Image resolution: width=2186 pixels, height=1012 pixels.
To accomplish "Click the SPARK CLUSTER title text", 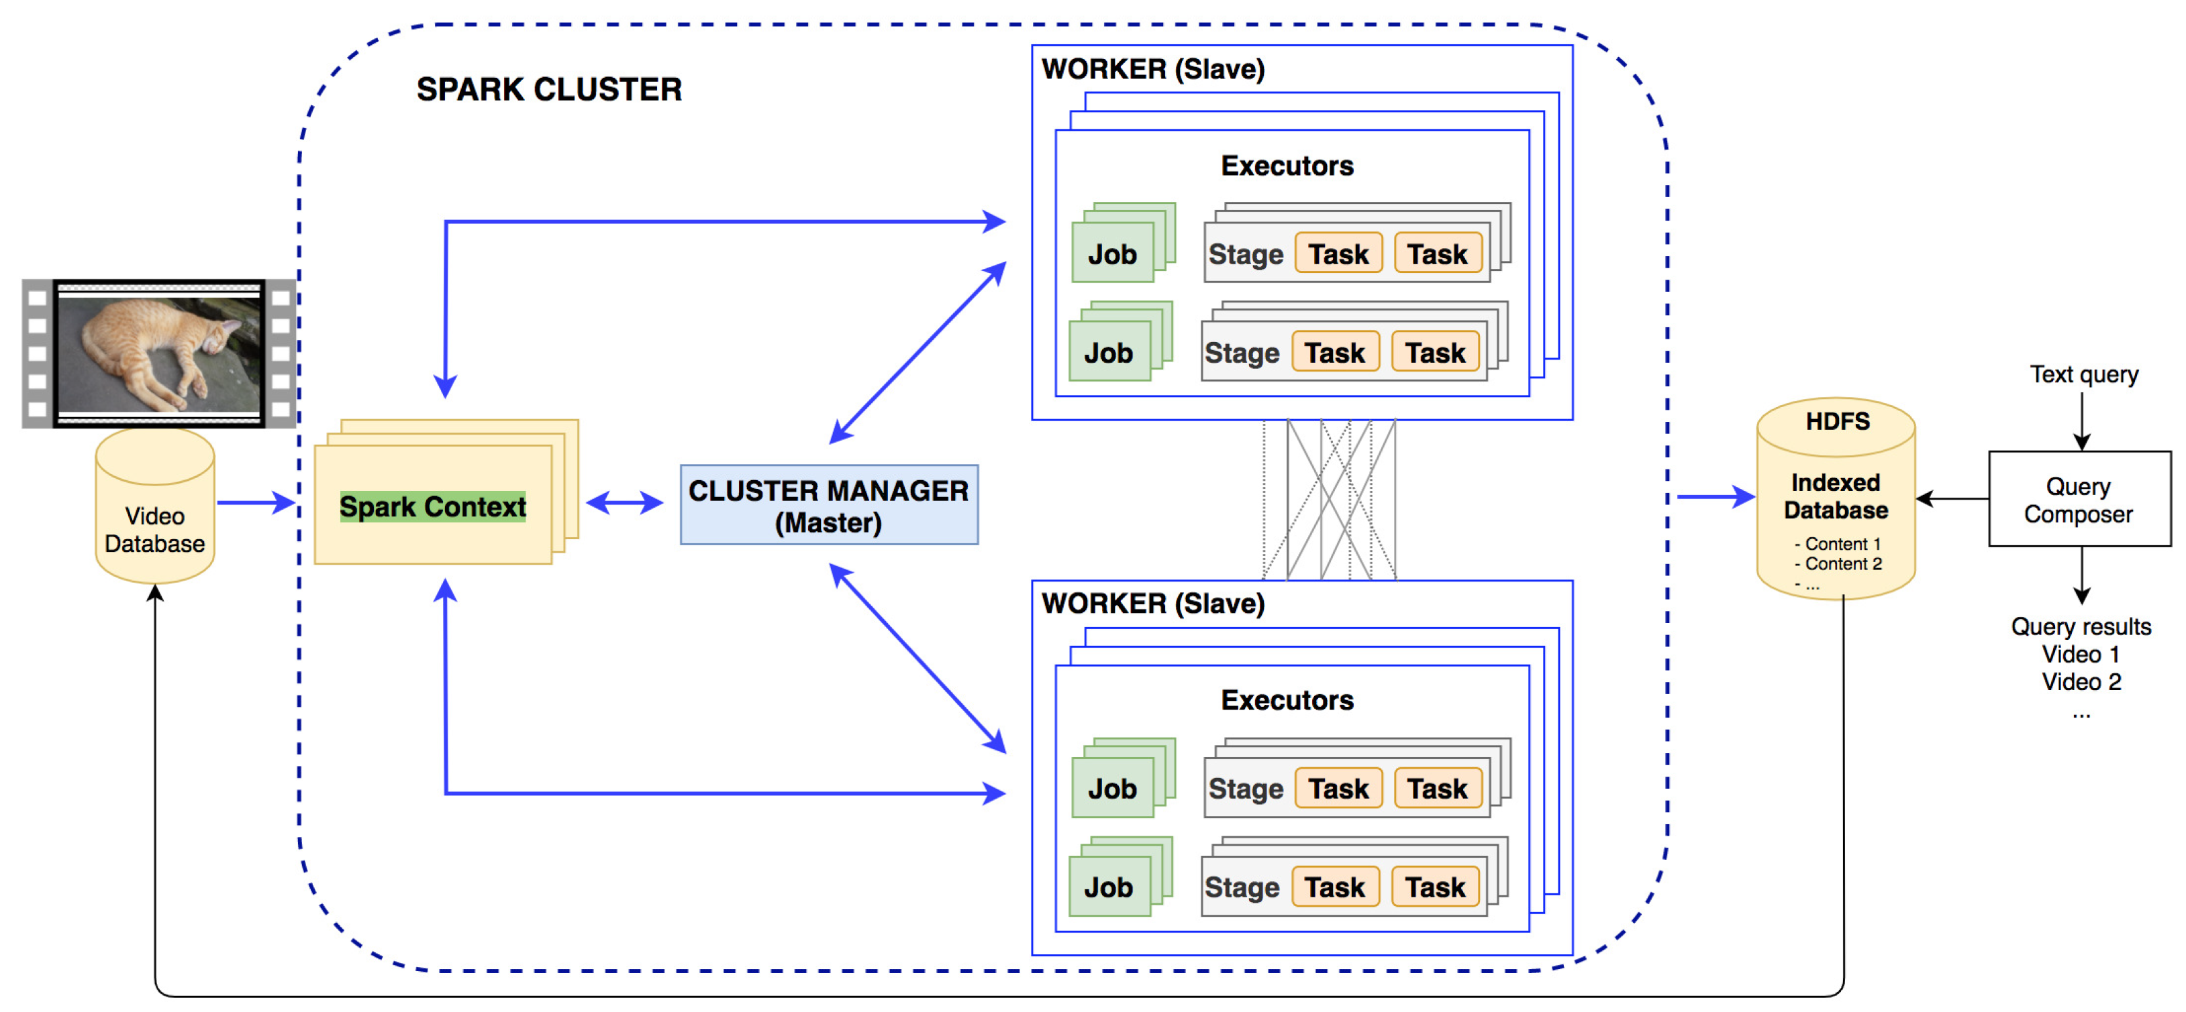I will click(x=548, y=90).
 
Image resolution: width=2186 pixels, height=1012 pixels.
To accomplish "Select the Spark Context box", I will click(x=433, y=506).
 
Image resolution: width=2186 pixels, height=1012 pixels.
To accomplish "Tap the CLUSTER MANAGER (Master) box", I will click(x=828, y=506).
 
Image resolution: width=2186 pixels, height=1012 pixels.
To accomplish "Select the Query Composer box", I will click(x=2078, y=500).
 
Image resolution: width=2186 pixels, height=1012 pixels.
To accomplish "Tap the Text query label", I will click(x=2083, y=374).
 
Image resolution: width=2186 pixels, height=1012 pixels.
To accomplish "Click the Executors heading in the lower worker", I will click(x=1287, y=700).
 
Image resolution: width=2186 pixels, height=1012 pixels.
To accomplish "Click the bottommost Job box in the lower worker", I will click(x=1108, y=887).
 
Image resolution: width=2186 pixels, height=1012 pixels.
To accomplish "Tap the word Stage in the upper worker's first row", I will click(x=1245, y=254).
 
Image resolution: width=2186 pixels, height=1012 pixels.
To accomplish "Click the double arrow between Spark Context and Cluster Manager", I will click(x=625, y=503).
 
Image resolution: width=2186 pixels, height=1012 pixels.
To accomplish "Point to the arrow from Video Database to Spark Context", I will click(x=254, y=503).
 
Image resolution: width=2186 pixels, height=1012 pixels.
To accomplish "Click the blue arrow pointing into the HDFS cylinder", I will click(x=1714, y=497).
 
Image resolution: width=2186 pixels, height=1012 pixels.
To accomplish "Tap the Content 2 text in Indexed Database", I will click(x=1842, y=564).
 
